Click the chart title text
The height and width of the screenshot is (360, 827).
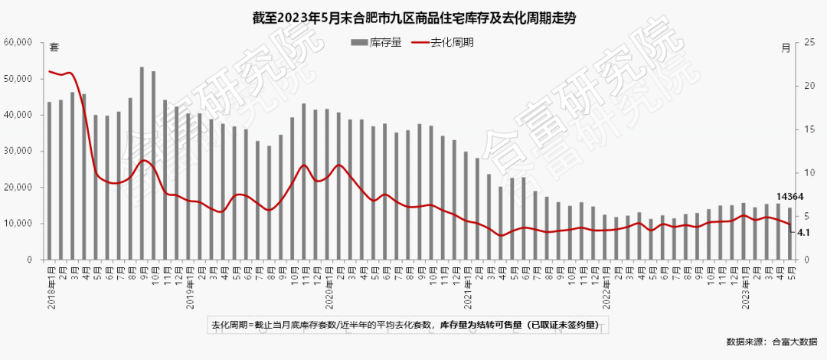point(413,18)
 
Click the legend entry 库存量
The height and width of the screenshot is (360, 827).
point(377,43)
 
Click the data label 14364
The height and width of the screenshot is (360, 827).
point(789,197)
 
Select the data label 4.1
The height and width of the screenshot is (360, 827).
point(803,232)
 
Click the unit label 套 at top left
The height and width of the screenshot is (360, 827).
point(54,48)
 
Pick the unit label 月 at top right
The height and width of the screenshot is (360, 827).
point(786,48)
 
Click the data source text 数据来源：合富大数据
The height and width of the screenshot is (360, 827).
point(771,342)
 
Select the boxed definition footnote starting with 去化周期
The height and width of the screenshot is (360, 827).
point(410,325)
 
